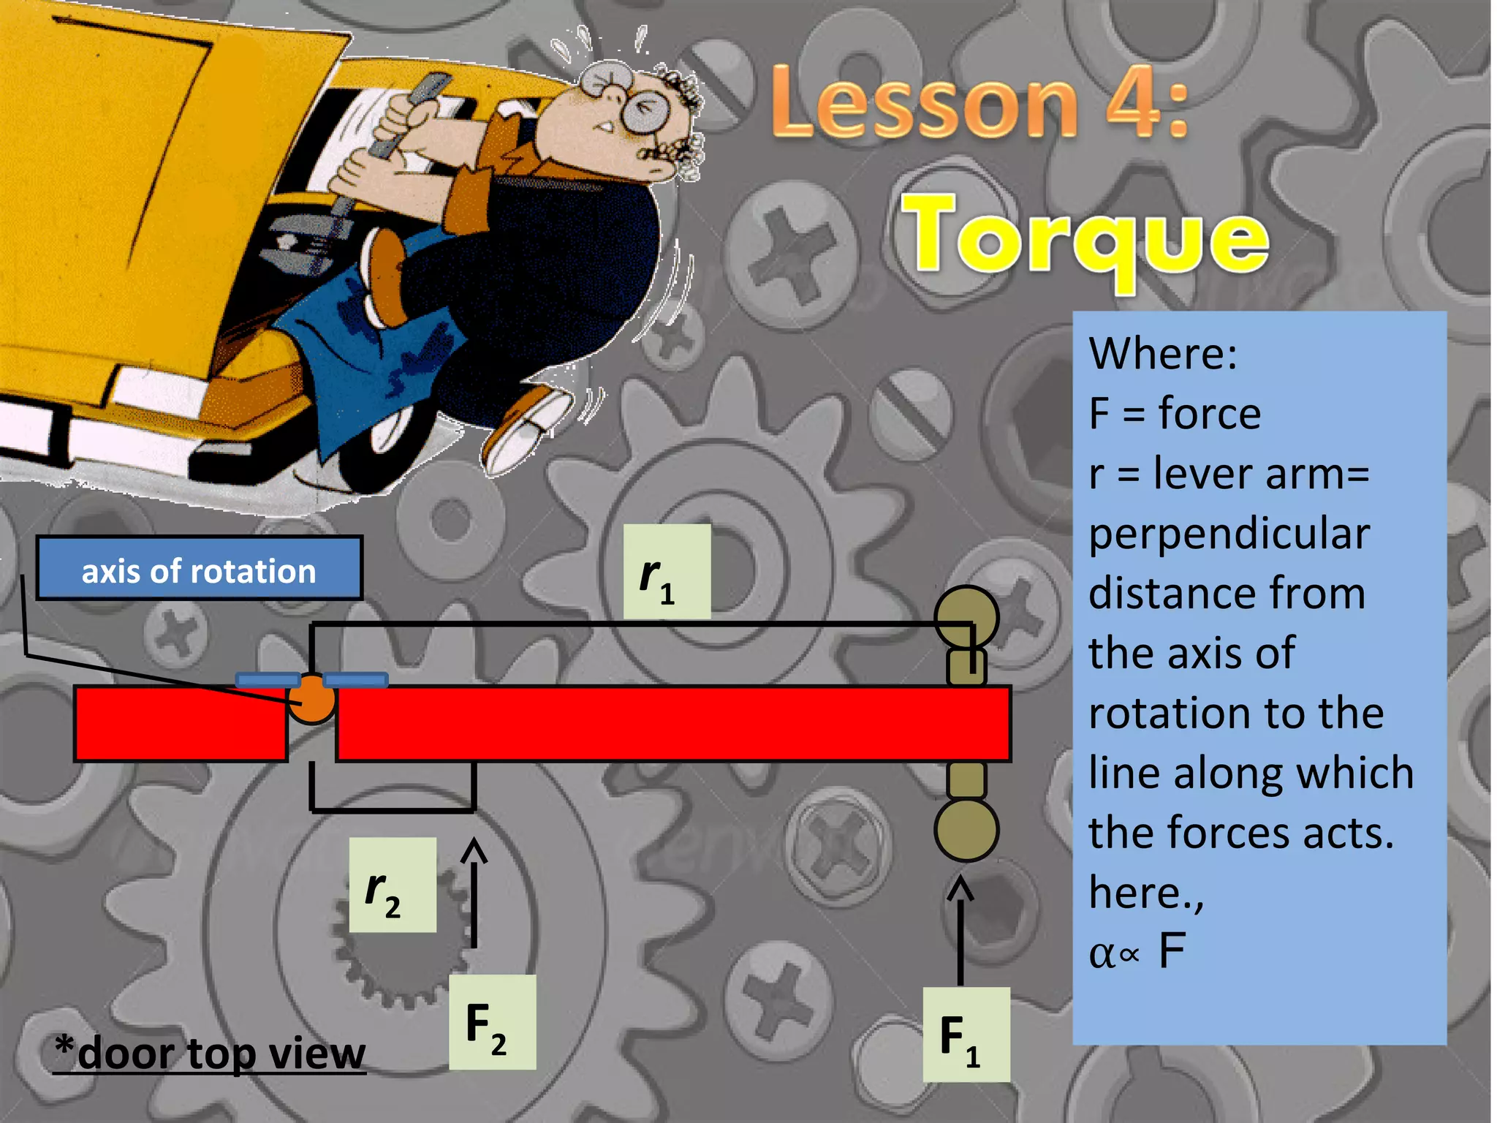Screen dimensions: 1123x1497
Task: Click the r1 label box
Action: [x=667, y=572]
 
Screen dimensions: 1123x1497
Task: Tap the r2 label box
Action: [x=393, y=885]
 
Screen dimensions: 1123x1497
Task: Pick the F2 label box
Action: [x=492, y=1022]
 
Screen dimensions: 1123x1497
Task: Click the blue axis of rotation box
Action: [x=199, y=569]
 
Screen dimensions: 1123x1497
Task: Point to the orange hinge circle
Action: [x=312, y=700]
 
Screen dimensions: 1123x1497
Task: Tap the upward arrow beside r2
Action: [x=474, y=892]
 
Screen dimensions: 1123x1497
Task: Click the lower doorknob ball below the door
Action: [x=966, y=830]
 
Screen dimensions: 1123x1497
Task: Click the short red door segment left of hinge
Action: [x=181, y=724]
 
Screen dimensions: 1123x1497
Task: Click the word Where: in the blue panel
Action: [x=1162, y=354]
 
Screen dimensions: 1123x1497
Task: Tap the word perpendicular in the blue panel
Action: [x=1229, y=534]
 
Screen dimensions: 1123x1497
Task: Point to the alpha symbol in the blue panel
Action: [x=1102, y=954]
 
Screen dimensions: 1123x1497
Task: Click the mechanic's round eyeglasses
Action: [x=645, y=111]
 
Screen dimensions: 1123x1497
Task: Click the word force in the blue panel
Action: [x=1210, y=414]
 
